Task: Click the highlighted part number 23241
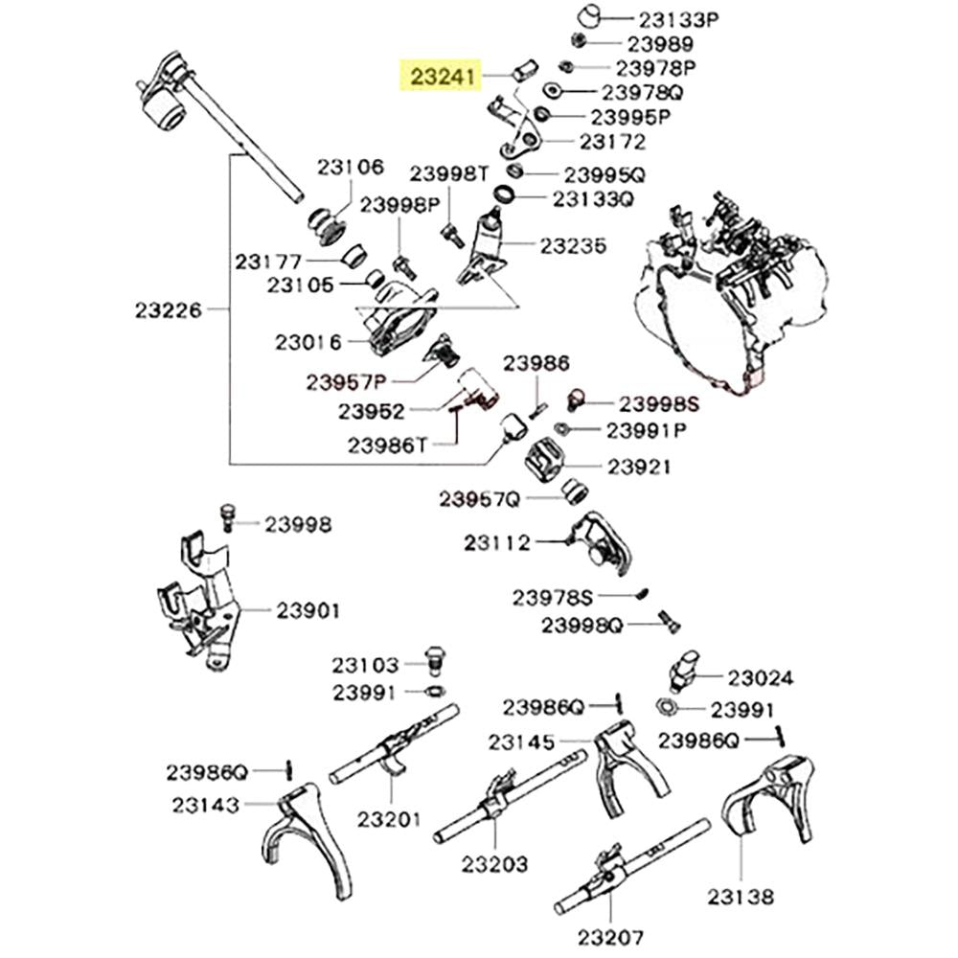[443, 77]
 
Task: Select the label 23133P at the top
[679, 19]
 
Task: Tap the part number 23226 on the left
[168, 310]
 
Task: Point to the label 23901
[308, 610]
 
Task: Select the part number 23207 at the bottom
[610, 937]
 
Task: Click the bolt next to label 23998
[228, 517]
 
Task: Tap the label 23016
[308, 342]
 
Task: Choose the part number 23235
[573, 245]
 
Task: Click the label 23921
[639, 467]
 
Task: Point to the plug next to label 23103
[434, 660]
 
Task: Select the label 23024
[761, 677]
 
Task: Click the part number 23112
[496, 542]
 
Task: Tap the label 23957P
[347, 382]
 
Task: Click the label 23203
[494, 864]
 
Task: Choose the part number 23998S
[659, 404]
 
